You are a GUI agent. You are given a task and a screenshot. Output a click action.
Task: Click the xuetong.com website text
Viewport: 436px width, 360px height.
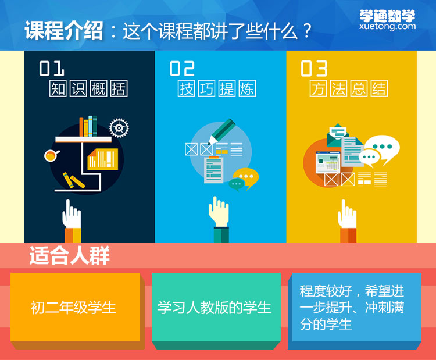click(x=387, y=26)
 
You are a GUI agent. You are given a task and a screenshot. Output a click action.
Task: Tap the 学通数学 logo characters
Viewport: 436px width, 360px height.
click(x=387, y=16)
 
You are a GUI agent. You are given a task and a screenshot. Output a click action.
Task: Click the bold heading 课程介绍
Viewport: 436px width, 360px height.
click(x=64, y=30)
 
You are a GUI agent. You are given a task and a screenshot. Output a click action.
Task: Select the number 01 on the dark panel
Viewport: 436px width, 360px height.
click(x=52, y=69)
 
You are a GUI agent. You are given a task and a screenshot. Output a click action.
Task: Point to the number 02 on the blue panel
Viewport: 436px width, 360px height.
click(x=182, y=69)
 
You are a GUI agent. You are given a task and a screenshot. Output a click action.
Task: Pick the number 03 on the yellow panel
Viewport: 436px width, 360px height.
click(x=314, y=69)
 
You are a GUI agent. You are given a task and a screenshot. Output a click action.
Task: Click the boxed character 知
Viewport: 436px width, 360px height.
click(x=58, y=88)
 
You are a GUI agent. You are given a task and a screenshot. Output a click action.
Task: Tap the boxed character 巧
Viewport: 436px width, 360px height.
click(x=206, y=88)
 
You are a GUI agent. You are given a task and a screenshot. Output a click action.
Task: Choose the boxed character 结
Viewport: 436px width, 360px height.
click(x=379, y=88)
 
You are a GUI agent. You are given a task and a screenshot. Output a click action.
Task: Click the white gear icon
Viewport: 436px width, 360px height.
click(x=119, y=128)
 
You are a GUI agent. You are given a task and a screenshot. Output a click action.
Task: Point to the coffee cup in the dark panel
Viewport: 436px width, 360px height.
click(x=51, y=155)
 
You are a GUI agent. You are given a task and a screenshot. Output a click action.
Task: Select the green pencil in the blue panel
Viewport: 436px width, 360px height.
click(x=221, y=131)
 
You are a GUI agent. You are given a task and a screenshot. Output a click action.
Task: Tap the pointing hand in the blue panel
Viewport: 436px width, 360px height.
click(x=219, y=212)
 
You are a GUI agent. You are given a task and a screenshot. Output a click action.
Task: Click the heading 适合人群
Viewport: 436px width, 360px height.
click(x=70, y=255)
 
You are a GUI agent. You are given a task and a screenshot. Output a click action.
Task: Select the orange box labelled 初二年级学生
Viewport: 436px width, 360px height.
click(x=75, y=307)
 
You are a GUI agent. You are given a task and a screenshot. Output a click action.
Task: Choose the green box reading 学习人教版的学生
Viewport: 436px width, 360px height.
click(x=216, y=307)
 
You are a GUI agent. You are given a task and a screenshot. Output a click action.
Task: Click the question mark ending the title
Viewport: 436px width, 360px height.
click(x=307, y=31)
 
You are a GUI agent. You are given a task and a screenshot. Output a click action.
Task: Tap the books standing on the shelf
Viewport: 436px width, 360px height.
click(x=88, y=126)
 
